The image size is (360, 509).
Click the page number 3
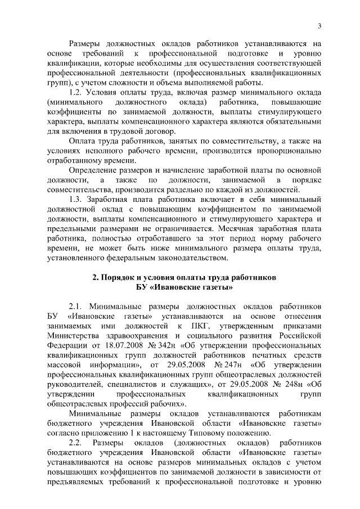coord(319,25)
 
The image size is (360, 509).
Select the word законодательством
coord(191,258)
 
